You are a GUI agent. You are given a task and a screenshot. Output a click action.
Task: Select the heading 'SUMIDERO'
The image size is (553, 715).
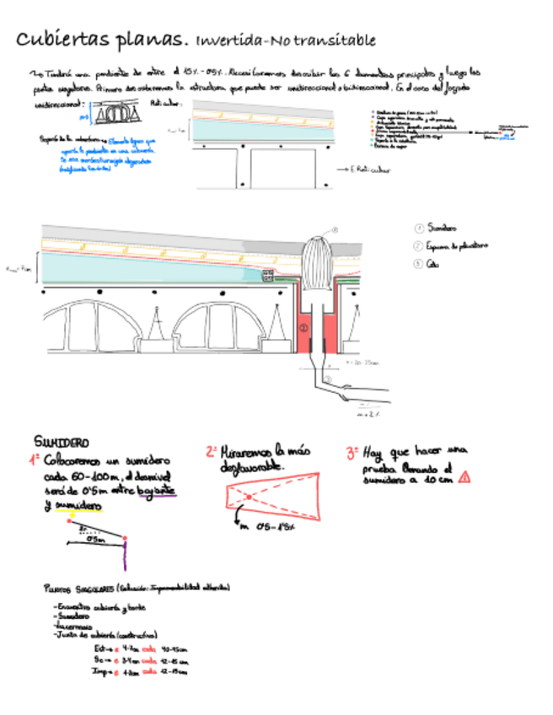pos(61,442)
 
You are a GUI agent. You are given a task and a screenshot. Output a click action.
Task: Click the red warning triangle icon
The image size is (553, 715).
pos(464,476)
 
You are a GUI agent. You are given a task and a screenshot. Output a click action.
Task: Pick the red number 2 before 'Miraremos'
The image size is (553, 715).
pos(211,451)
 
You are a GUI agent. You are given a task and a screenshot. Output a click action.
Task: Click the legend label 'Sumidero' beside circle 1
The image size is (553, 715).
pos(442,228)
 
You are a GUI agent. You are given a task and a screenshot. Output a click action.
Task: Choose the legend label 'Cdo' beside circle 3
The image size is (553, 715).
pos(432,263)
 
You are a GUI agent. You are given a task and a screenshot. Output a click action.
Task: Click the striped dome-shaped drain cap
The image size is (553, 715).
pos(317,263)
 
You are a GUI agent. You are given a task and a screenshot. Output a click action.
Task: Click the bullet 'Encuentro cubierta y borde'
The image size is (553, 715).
pos(89,607)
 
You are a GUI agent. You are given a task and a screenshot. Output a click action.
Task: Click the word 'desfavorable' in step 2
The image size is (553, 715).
pos(252,466)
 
